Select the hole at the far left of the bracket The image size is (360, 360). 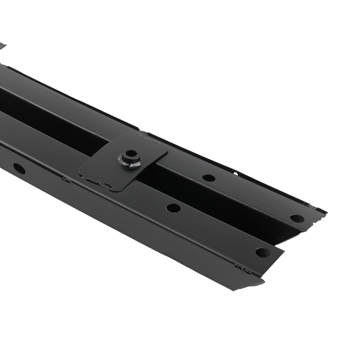(19, 168)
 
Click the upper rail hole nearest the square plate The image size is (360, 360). (208, 178)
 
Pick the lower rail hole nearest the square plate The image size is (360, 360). (174, 208)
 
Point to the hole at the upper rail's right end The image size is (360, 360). (297, 219)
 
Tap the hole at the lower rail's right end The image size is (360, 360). (263, 252)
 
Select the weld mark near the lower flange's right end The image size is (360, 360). (242, 268)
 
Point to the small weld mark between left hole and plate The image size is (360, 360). (66, 179)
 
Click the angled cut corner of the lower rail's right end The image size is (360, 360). (281, 249)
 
